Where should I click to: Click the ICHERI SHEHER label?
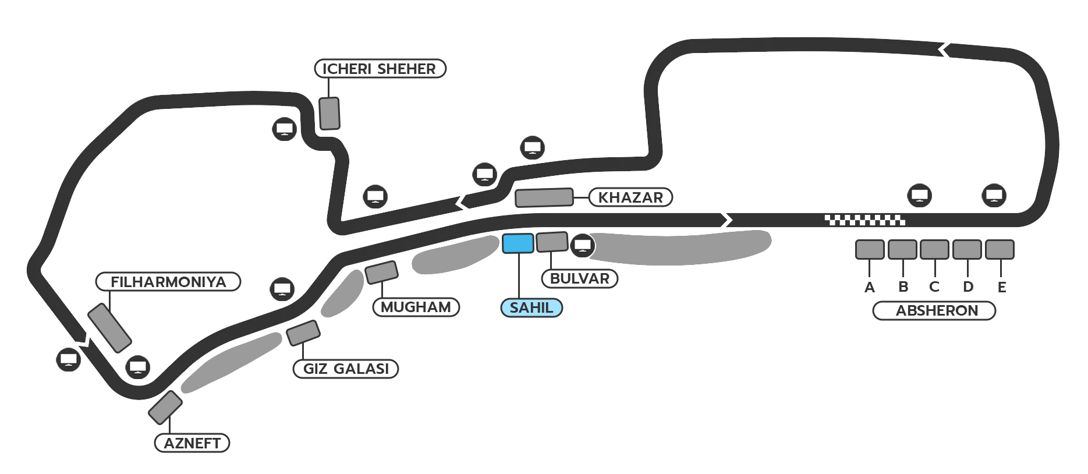380,69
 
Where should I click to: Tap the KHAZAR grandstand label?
630,197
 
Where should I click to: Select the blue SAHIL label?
531,308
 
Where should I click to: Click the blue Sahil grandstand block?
518,243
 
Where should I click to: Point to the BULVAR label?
579,279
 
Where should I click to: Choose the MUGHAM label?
416,307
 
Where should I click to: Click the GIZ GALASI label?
346,369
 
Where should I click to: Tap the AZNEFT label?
192,443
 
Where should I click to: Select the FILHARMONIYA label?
168,282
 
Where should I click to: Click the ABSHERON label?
936,311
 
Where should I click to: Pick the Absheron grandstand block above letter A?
870,250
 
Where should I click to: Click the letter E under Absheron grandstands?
1002,287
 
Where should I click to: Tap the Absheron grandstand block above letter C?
934,250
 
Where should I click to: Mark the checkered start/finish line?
864,220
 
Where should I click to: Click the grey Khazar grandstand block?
544,197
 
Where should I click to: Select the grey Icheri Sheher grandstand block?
329,114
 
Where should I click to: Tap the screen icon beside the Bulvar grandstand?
582,245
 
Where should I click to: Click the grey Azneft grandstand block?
165,408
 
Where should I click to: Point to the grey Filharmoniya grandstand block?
109,328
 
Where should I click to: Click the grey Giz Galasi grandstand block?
303,333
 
